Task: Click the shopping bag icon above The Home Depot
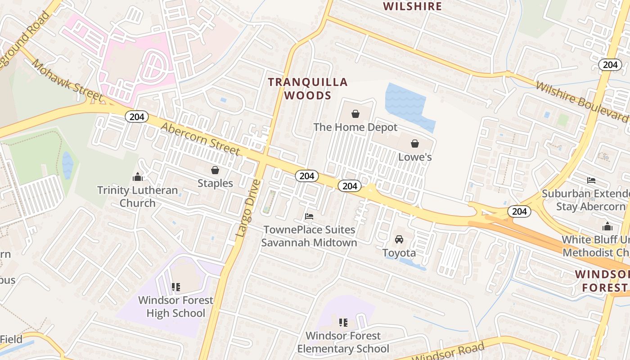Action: coord(355,114)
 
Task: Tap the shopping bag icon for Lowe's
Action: coord(414,144)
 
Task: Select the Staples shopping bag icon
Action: coord(215,170)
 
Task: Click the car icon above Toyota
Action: coord(399,239)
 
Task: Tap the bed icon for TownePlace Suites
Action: coord(309,216)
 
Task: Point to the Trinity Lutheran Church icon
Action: coord(138,177)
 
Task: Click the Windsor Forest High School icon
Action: coord(176,287)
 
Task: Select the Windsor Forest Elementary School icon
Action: coord(343,322)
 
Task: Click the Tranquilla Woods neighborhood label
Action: coord(308,89)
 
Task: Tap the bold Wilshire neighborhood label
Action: coord(412,6)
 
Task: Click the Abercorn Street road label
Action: coord(200,139)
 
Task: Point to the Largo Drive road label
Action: coord(248,208)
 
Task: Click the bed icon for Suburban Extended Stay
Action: coord(591,180)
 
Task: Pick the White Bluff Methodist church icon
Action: coord(607,226)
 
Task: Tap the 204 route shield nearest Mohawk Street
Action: coord(136,117)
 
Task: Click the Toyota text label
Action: coord(399,253)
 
